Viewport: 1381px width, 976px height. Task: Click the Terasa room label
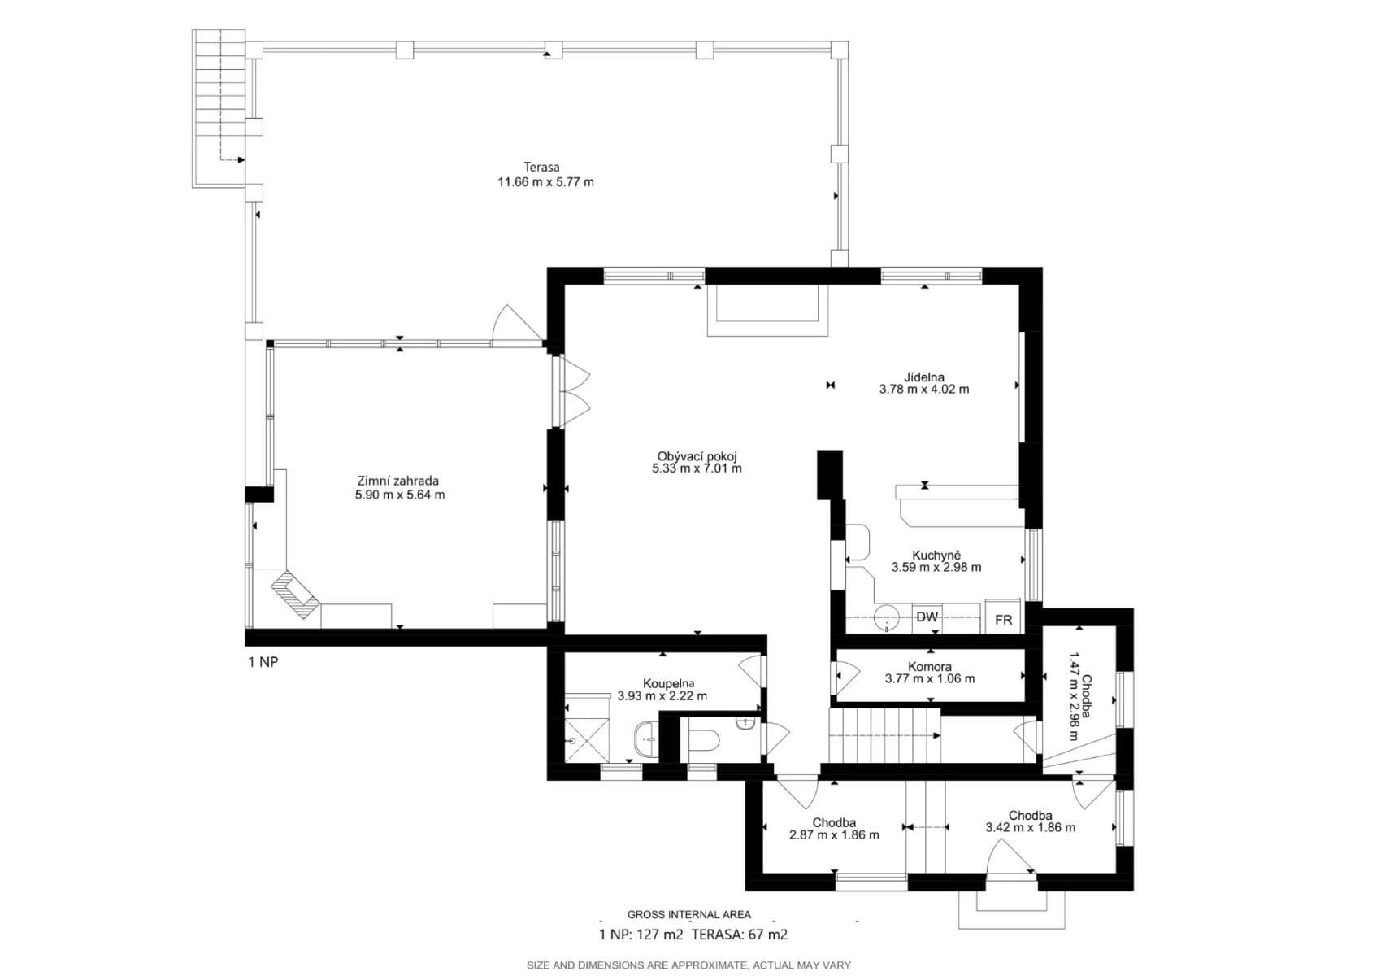541,168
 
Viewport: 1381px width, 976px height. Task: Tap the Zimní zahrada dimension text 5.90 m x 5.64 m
400,495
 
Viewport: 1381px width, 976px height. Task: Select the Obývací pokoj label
697,456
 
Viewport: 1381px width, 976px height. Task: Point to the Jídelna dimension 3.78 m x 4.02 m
924,390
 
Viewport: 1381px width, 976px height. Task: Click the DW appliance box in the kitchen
927,617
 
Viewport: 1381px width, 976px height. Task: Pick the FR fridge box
1004,619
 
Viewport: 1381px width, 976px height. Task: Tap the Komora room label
929,667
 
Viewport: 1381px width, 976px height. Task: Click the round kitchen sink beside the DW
887,617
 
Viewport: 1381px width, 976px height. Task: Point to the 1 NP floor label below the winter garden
263,662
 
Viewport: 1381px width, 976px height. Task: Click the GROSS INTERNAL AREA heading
688,914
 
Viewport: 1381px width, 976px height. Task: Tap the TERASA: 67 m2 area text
739,935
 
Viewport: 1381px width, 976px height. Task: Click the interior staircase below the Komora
884,734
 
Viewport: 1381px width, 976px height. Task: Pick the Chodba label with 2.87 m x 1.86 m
834,822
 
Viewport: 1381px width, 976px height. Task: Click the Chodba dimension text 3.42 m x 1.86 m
1030,828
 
